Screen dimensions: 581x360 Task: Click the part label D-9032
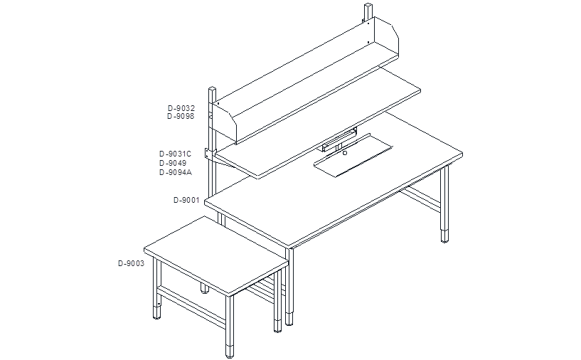pos(181,108)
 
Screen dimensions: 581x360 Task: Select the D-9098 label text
pos(181,117)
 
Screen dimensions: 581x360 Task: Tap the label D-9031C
pos(175,154)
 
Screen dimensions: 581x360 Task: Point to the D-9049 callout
pos(173,163)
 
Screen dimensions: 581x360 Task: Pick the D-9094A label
pos(176,172)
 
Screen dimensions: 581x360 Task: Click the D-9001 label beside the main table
pos(186,200)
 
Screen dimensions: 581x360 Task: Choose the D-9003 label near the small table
pos(131,264)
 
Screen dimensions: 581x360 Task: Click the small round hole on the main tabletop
pos(345,153)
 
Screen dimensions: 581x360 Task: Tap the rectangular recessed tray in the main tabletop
pos(353,155)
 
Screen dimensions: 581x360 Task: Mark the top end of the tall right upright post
pos(368,5)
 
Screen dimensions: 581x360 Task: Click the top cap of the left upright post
pos(213,89)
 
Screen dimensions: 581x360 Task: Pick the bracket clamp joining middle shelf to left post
pos(210,154)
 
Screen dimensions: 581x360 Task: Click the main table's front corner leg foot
pos(289,319)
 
